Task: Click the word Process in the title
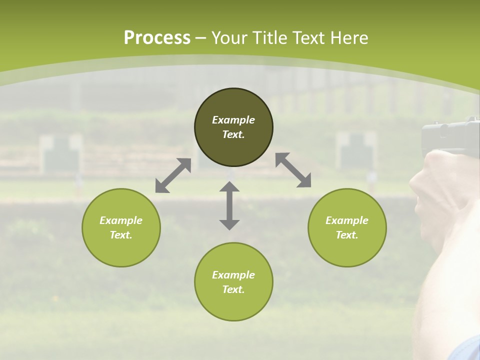(x=157, y=38)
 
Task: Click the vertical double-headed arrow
(x=229, y=205)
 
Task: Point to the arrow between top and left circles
(x=173, y=175)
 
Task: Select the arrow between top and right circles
(x=293, y=170)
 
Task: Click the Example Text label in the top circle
(x=233, y=127)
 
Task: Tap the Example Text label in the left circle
(x=121, y=227)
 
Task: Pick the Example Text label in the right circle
(x=347, y=227)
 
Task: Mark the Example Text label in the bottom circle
(x=233, y=282)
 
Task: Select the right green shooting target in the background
(x=355, y=150)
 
